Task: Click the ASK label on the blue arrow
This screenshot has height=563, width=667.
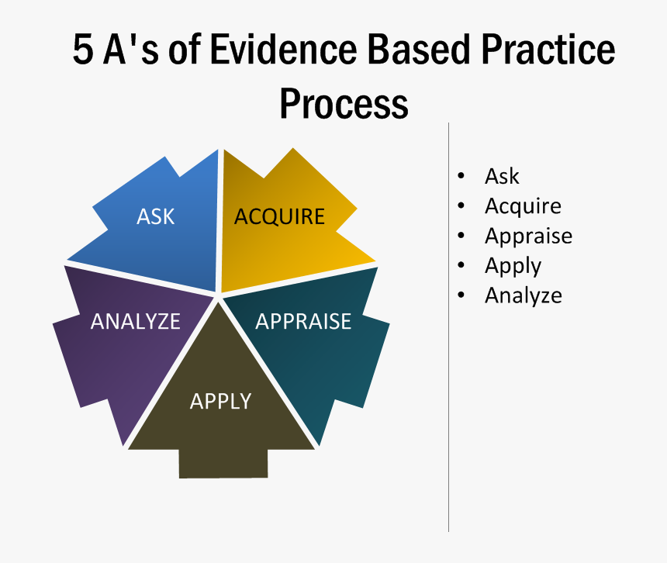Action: [156, 216]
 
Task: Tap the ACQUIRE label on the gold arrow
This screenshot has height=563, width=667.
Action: [279, 216]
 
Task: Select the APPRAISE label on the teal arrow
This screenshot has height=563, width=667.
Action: [303, 321]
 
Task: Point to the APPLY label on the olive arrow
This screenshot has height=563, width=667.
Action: [221, 401]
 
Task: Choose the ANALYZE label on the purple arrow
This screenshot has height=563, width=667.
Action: [135, 321]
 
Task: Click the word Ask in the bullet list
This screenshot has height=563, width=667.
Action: [502, 177]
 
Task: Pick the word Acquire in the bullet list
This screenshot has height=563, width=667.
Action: [523, 206]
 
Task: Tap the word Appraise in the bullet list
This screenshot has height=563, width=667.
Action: [528, 236]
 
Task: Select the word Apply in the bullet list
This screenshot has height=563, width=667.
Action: [513, 266]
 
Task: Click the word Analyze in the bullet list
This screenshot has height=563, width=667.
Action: [523, 295]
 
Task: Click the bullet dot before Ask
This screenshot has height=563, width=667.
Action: [462, 176]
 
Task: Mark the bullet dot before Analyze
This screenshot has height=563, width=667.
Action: [462, 295]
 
